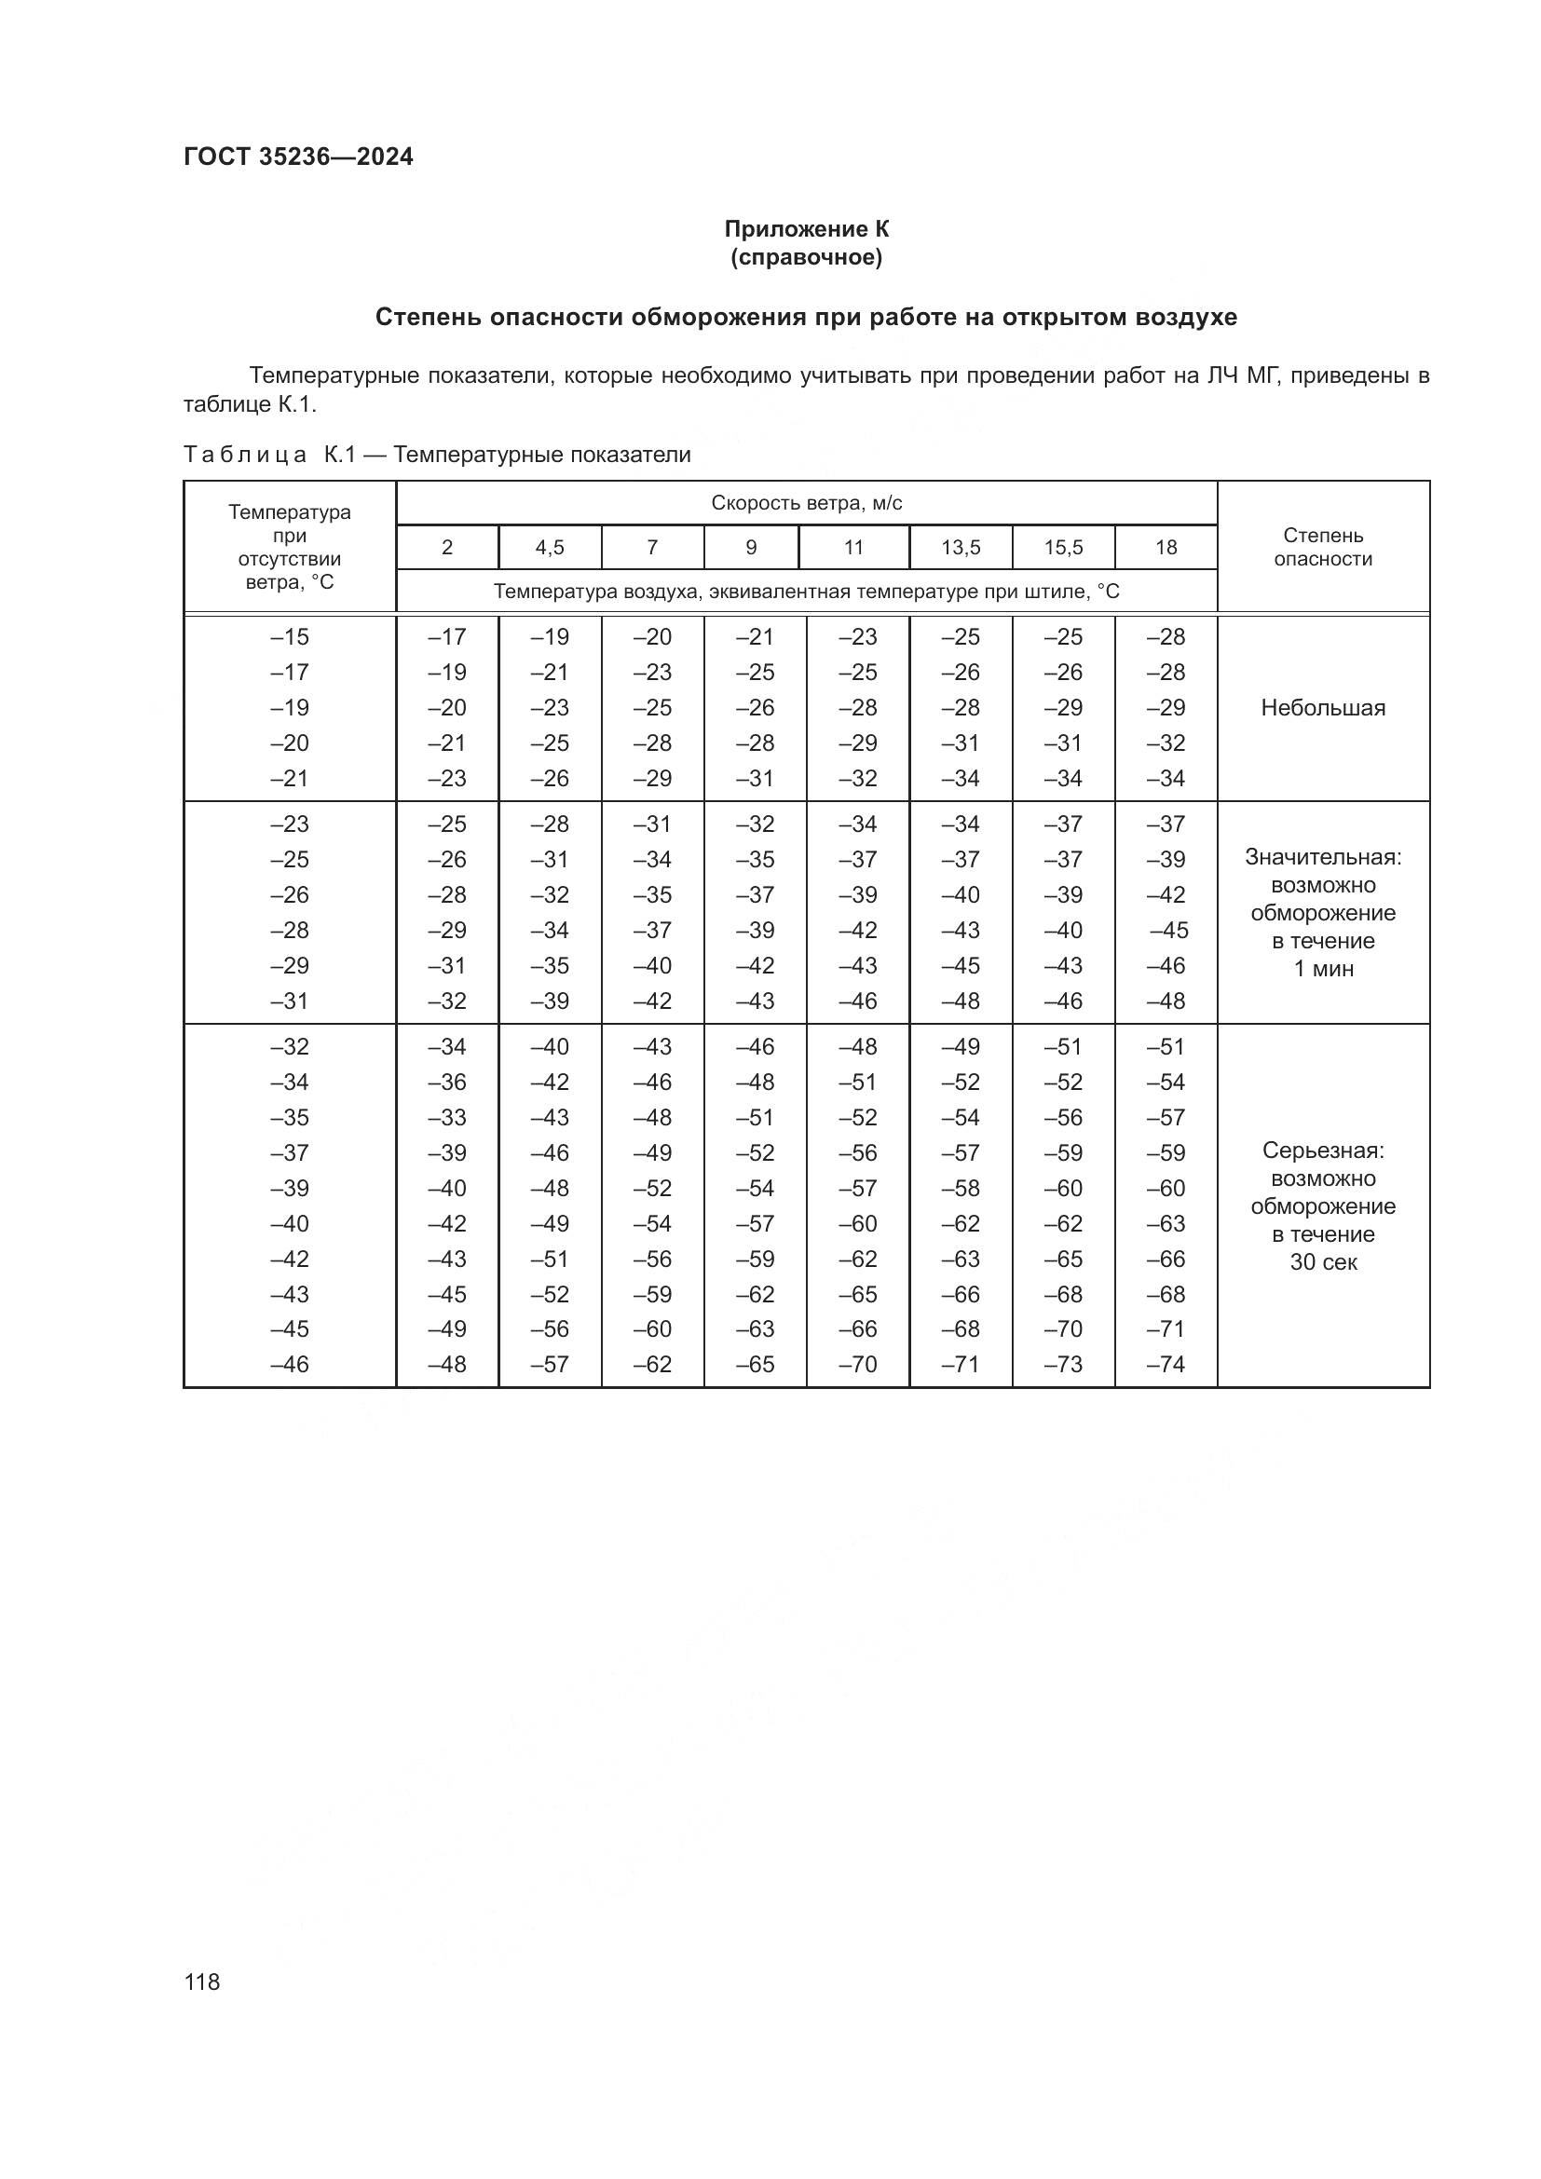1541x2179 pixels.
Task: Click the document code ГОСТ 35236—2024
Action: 298,157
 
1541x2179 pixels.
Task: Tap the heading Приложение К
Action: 807,229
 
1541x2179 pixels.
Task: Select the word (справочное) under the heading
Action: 807,258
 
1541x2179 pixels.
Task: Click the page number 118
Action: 202,1982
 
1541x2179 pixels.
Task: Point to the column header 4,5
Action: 550,548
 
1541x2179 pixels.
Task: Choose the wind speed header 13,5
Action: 961,548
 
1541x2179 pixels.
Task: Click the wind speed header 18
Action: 1166,548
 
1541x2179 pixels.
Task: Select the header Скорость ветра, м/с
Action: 807,503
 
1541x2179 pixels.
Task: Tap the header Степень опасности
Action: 1323,548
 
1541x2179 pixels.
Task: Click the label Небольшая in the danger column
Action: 1323,708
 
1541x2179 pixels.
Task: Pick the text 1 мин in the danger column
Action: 1323,969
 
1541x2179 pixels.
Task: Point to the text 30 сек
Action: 1323,1262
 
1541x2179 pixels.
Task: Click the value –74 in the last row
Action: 1166,1365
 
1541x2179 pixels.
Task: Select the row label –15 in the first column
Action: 290,637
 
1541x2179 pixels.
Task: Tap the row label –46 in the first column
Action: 290,1365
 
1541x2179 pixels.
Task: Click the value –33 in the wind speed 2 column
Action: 447,1118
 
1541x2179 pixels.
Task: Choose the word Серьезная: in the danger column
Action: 1323,1151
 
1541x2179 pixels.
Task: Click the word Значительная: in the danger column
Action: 1323,857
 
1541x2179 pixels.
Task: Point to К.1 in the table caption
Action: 340,456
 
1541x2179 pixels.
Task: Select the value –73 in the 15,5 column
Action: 1063,1365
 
